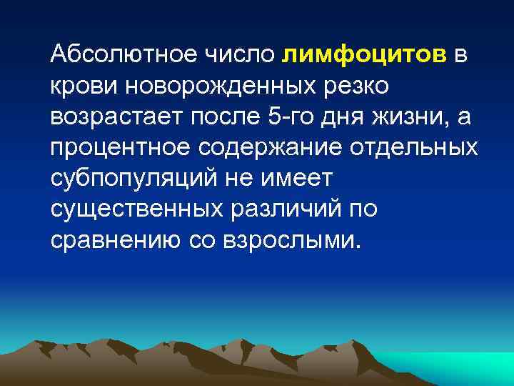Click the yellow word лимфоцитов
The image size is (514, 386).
365,54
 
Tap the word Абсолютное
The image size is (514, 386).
126,54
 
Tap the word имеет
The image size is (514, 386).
293,179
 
